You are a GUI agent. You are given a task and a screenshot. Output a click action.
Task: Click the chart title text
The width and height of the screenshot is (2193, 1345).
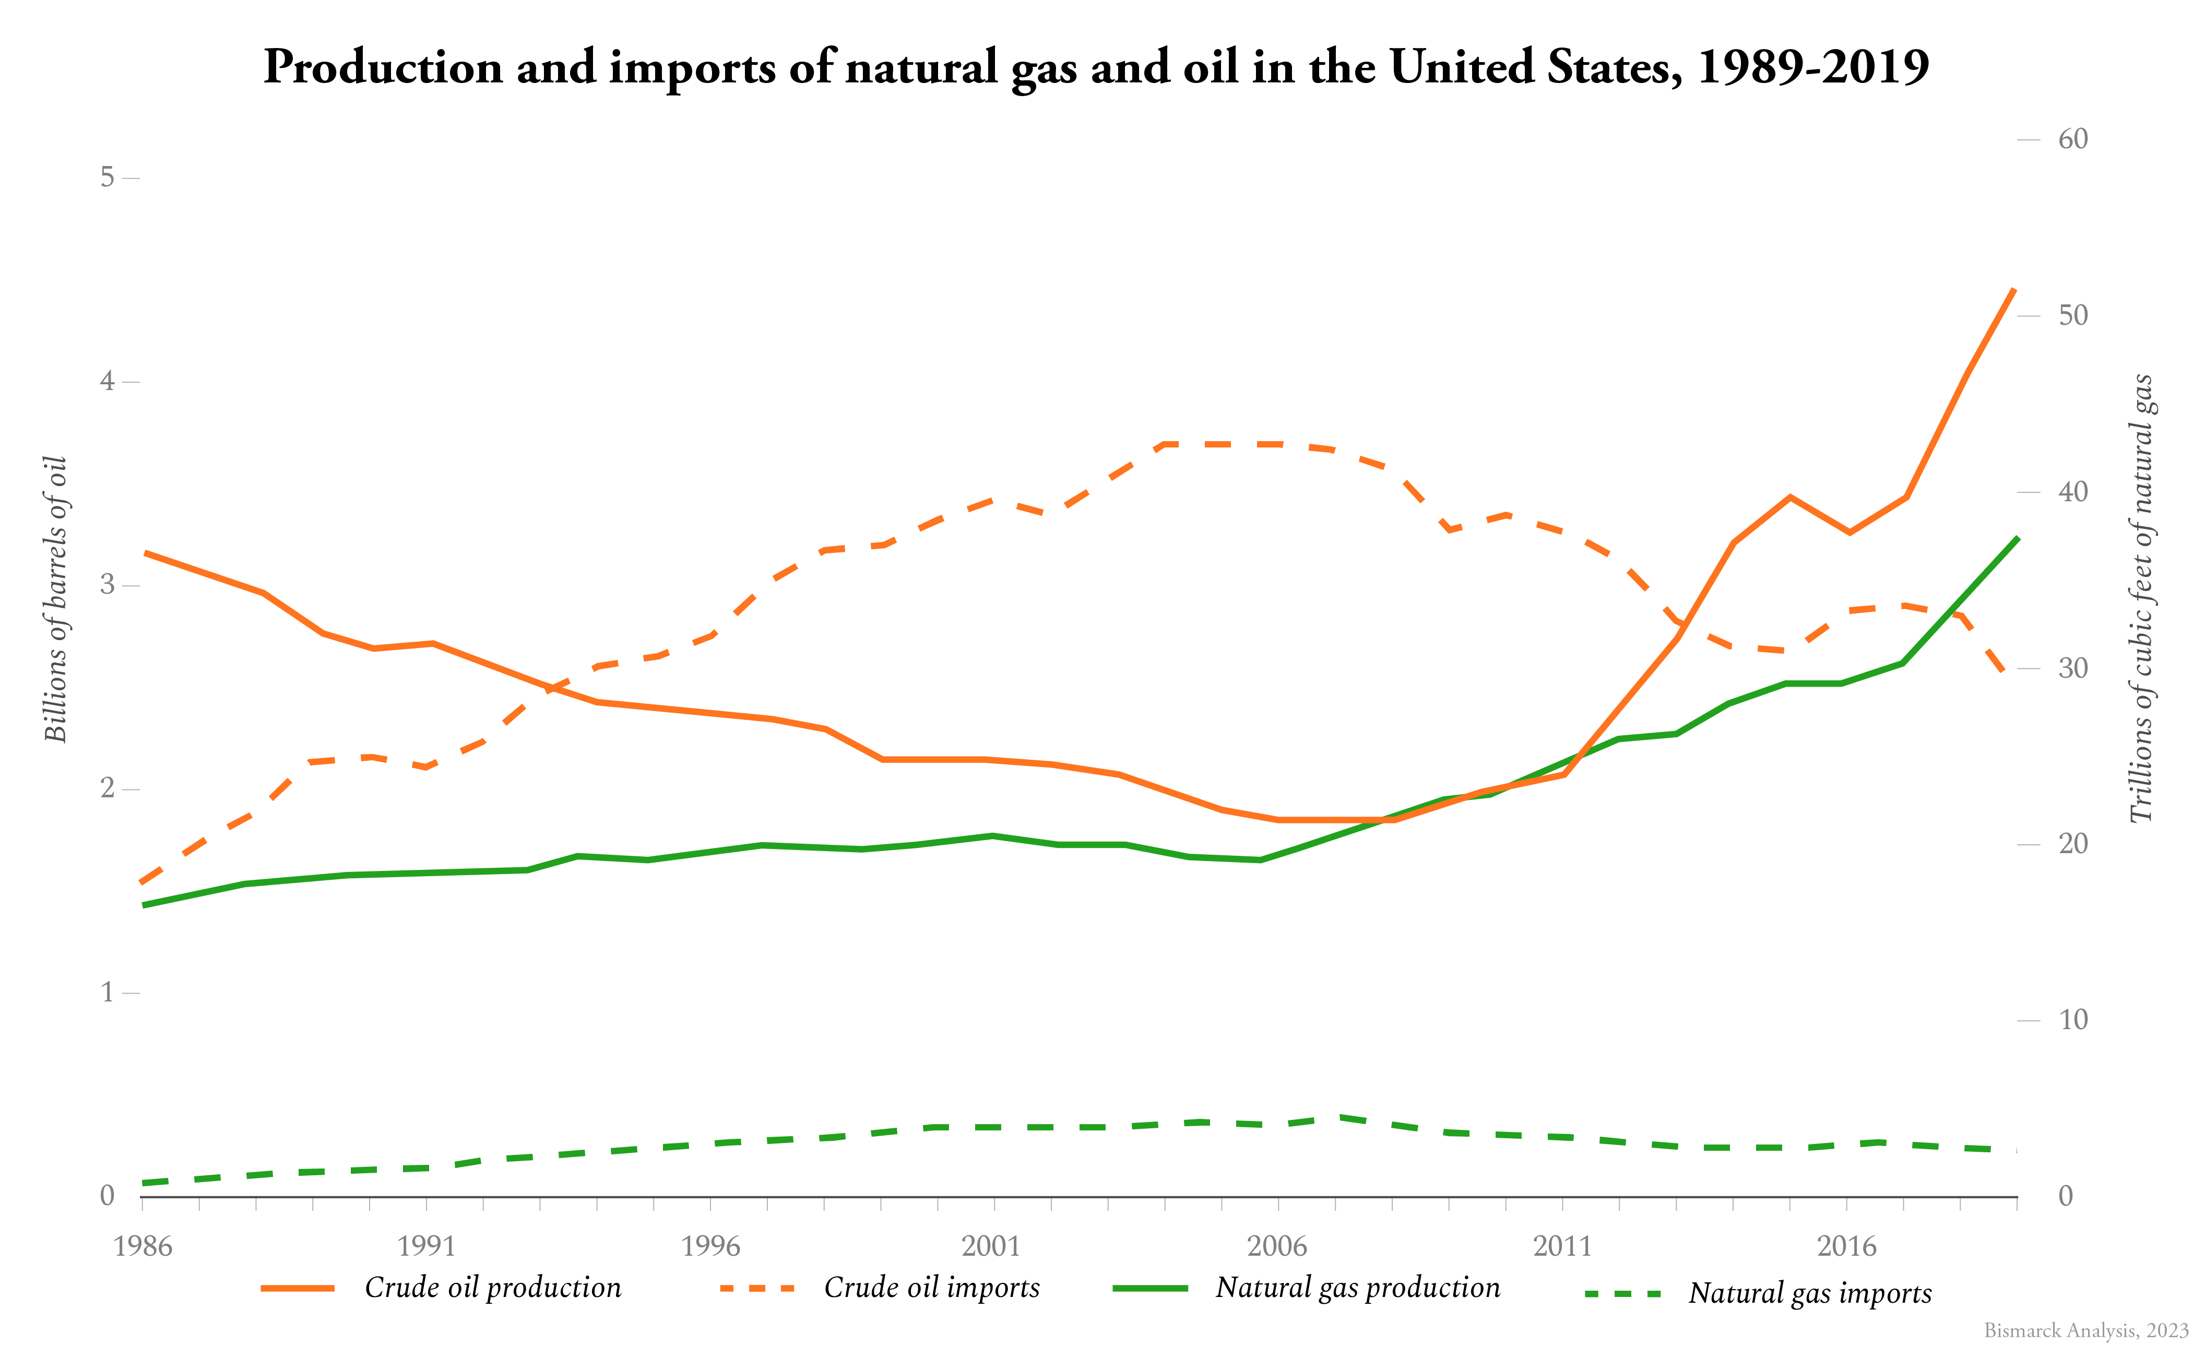click(1096, 67)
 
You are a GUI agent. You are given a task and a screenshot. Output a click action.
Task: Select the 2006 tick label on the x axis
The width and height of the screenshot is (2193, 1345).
click(1277, 1245)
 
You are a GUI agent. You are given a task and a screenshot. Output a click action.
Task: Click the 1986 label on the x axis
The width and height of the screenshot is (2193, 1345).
click(143, 1245)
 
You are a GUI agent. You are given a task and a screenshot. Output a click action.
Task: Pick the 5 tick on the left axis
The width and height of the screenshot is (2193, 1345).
click(108, 177)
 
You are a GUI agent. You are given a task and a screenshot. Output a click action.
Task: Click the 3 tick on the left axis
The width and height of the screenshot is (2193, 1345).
click(108, 585)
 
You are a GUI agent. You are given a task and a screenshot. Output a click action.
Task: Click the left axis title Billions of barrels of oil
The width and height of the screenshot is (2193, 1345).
click(55, 599)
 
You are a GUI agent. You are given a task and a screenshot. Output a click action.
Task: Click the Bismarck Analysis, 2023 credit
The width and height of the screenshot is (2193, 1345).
click(2085, 1330)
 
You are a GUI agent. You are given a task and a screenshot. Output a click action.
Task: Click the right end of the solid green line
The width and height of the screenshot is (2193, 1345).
click(2016, 538)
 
